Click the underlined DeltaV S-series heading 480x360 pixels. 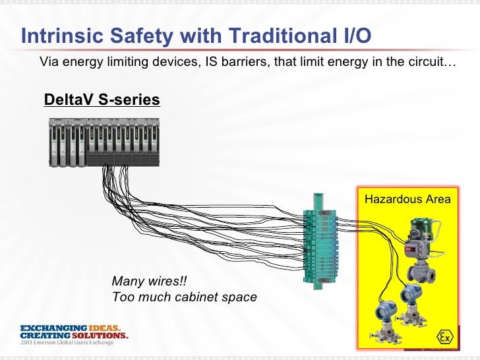102,100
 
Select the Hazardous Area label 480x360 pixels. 407,199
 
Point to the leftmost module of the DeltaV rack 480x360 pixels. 55,142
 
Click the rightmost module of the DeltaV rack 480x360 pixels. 152,142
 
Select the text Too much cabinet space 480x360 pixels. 185,297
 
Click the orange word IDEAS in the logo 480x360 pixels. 106,328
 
